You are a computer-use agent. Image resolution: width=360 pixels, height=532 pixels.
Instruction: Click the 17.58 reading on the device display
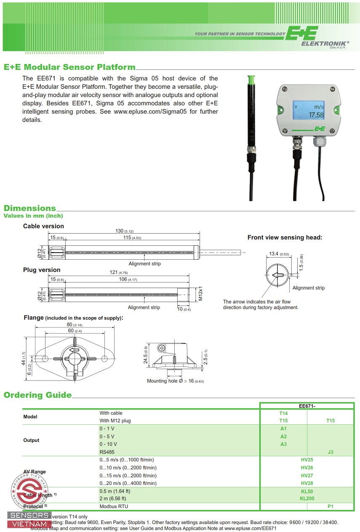tap(316, 115)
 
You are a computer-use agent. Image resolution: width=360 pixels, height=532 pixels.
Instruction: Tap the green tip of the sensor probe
tap(251, 80)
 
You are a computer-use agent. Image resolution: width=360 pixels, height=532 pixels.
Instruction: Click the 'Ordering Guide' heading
tap(38, 395)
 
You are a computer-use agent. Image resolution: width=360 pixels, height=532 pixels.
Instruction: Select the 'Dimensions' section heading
tap(30, 208)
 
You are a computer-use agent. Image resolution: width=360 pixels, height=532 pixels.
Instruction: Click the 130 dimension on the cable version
tap(120, 231)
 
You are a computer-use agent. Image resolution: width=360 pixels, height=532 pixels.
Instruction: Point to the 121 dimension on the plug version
tap(114, 272)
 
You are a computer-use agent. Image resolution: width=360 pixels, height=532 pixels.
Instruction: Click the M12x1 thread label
tap(201, 293)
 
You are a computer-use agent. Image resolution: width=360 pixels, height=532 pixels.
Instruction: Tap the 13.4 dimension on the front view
tap(274, 254)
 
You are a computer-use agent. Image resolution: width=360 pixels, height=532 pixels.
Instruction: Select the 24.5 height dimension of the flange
tap(146, 355)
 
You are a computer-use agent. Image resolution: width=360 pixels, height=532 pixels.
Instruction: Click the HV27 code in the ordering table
tap(307, 475)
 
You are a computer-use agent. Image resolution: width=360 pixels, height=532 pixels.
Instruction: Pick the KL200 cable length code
tap(307, 499)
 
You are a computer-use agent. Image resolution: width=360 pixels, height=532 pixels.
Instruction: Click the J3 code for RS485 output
tap(331, 452)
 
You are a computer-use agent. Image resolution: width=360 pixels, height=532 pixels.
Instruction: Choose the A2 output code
tap(283, 436)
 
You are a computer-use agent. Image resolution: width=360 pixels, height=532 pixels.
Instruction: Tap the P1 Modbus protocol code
tap(331, 506)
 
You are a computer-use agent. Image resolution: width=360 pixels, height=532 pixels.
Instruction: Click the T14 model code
tap(283, 413)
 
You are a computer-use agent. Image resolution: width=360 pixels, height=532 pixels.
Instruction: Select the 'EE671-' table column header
tap(307, 406)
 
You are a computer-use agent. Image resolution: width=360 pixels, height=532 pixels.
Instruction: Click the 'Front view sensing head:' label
tap(285, 237)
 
